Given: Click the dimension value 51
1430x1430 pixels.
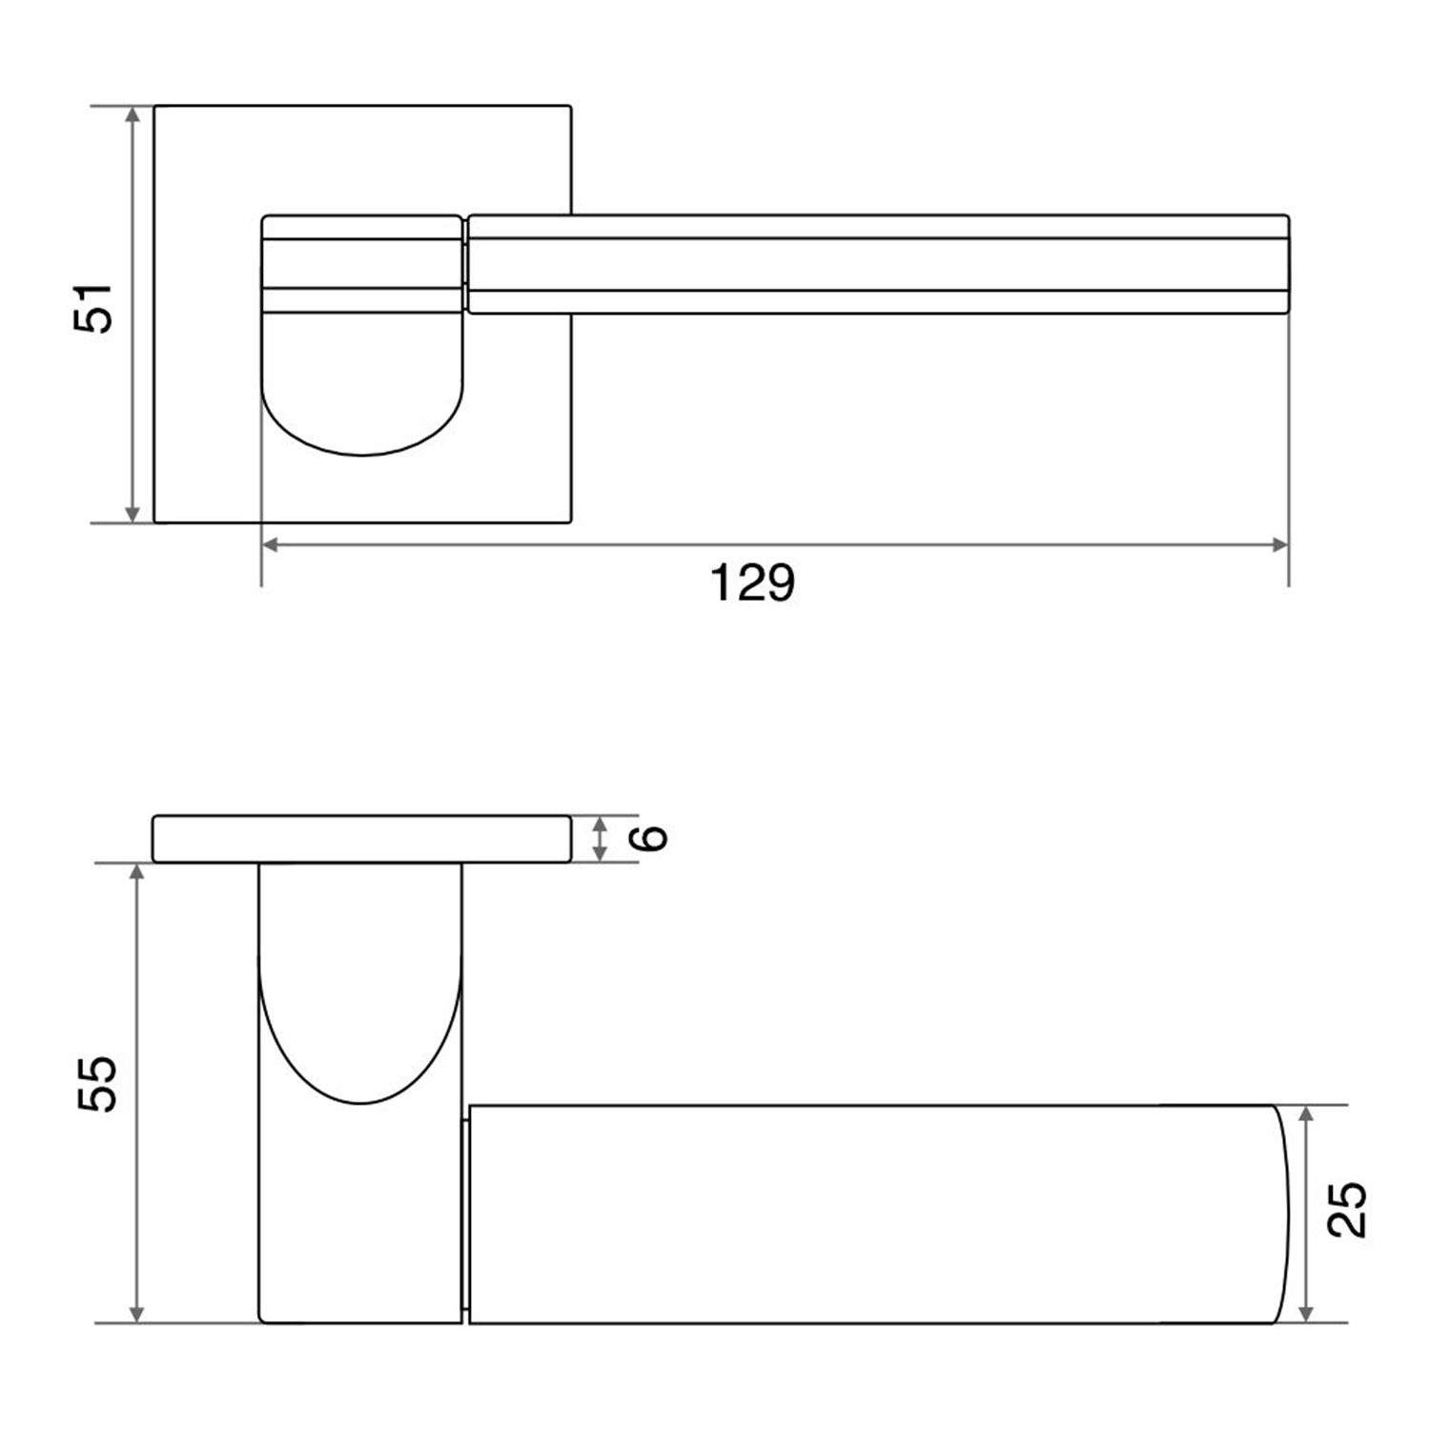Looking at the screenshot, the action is click(x=92, y=307).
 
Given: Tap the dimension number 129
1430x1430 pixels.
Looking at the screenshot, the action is click(x=752, y=582).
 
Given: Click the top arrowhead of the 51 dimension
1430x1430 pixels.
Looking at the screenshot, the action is click(x=133, y=115).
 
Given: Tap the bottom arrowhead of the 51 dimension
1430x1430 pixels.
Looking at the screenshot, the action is click(x=133, y=513).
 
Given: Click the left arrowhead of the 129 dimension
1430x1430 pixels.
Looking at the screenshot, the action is click(x=271, y=545).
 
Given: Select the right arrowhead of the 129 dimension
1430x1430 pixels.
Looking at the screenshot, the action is click(x=1279, y=545).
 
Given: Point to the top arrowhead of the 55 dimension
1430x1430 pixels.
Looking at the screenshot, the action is click(x=137, y=874).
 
